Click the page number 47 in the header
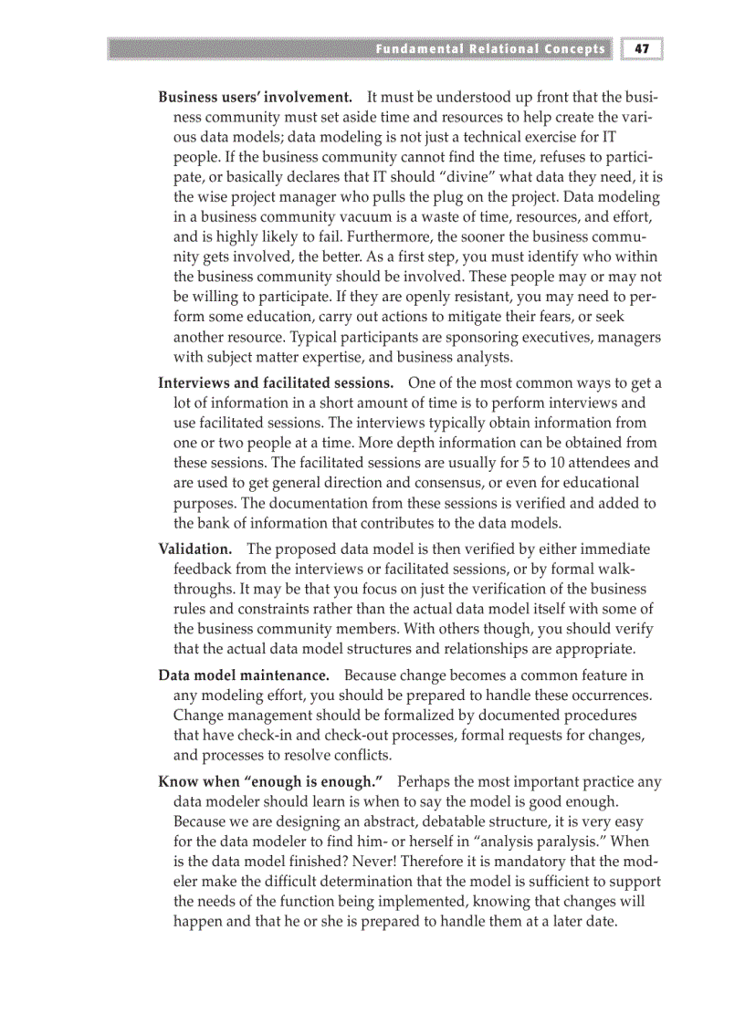641,48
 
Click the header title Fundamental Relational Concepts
489,48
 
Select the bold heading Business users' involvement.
256,97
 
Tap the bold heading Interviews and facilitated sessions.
276,382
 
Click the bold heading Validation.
194,549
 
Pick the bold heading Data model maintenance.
244,675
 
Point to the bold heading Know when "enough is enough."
270,781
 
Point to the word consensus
456,483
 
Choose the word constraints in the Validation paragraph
260,609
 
